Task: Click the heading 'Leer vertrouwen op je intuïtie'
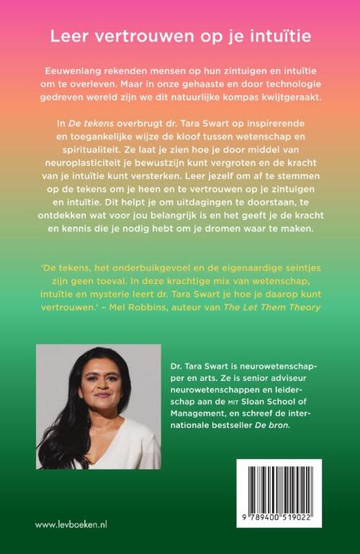(180, 35)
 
